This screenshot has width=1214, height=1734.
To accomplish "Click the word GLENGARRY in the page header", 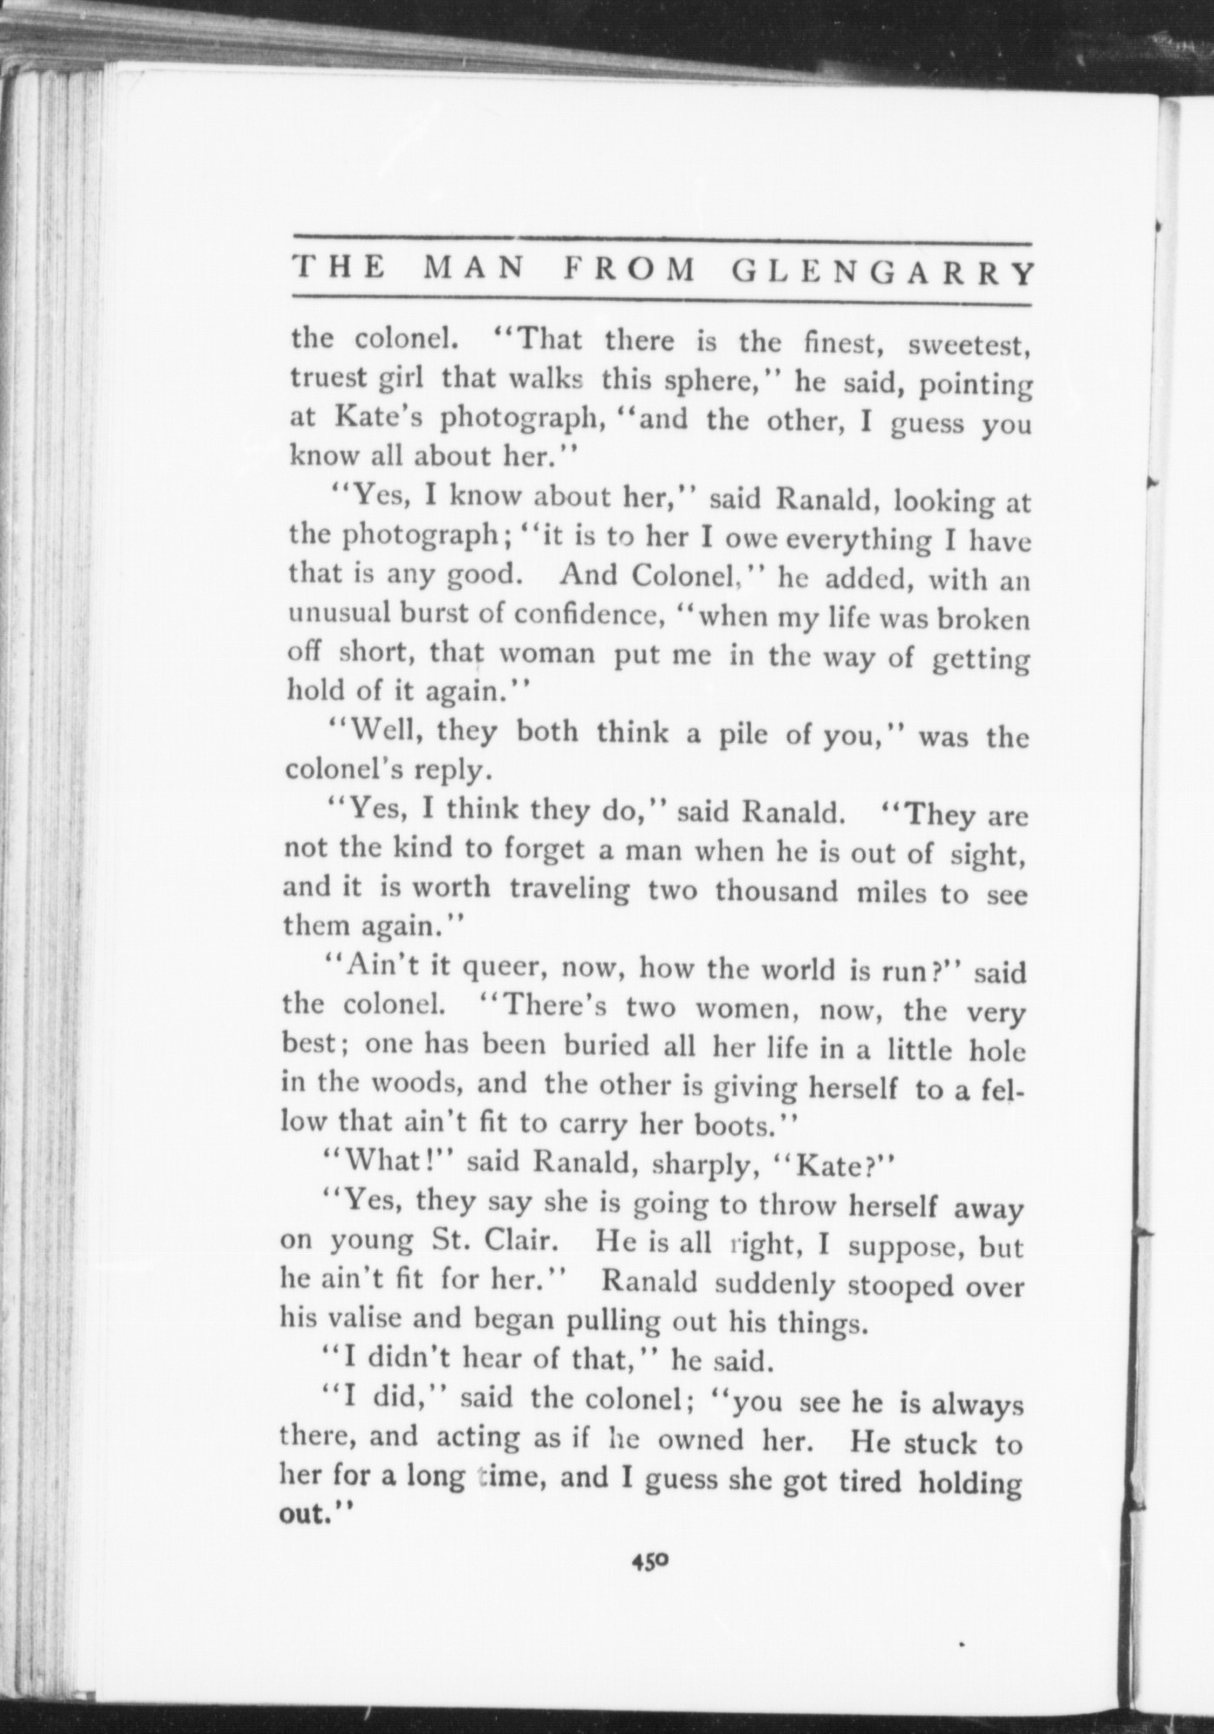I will (x=884, y=272).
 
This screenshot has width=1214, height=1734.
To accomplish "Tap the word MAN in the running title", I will (x=474, y=269).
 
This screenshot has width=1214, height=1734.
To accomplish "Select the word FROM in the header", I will (x=630, y=271).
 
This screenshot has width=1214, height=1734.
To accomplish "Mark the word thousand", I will (x=777, y=892).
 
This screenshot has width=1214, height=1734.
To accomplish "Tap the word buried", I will (x=606, y=1046).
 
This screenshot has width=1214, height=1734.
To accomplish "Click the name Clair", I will (x=519, y=1240).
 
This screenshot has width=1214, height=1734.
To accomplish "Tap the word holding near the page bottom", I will (x=969, y=1482).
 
